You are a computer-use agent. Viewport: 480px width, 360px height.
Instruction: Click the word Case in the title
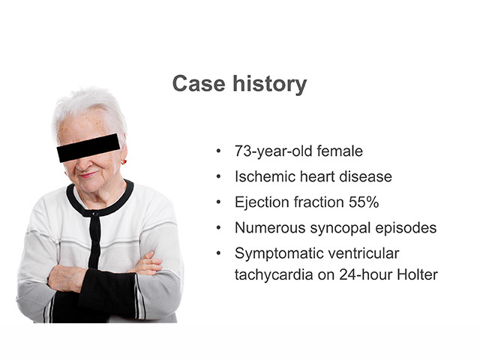199,83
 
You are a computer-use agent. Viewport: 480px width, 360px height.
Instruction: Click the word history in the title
270,85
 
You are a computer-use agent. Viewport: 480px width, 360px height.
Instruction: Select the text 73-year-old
274,151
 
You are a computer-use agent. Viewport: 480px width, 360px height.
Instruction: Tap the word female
340,151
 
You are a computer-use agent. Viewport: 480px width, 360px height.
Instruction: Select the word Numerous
270,228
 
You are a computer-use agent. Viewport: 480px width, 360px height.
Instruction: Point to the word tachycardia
274,274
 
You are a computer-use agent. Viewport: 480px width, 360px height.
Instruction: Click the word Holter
417,274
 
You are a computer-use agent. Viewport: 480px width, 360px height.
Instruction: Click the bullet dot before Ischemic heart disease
218,177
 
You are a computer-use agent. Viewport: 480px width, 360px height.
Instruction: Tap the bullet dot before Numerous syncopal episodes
218,228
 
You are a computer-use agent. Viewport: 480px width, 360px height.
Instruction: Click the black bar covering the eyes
88,148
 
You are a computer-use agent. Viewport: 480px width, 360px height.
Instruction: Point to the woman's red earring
123,162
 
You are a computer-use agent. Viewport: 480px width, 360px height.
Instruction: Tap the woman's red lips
88,175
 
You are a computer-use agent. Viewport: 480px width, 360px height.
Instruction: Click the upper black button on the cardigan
95,214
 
